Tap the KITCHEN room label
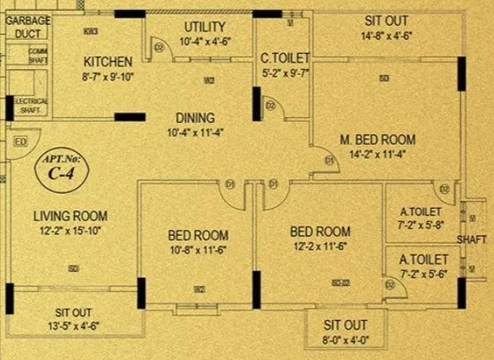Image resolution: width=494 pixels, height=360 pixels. click(107, 62)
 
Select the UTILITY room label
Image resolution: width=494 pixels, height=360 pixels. click(205, 27)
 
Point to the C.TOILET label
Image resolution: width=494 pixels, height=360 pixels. click(284, 58)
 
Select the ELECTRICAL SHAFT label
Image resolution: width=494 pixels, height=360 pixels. click(32, 105)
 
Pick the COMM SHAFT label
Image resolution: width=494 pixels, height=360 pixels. click(37, 55)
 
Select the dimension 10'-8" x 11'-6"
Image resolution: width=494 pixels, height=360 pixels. click(198, 249)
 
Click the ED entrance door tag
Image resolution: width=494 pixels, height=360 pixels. click(20, 143)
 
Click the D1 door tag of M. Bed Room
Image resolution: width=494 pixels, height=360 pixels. click(329, 160)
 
